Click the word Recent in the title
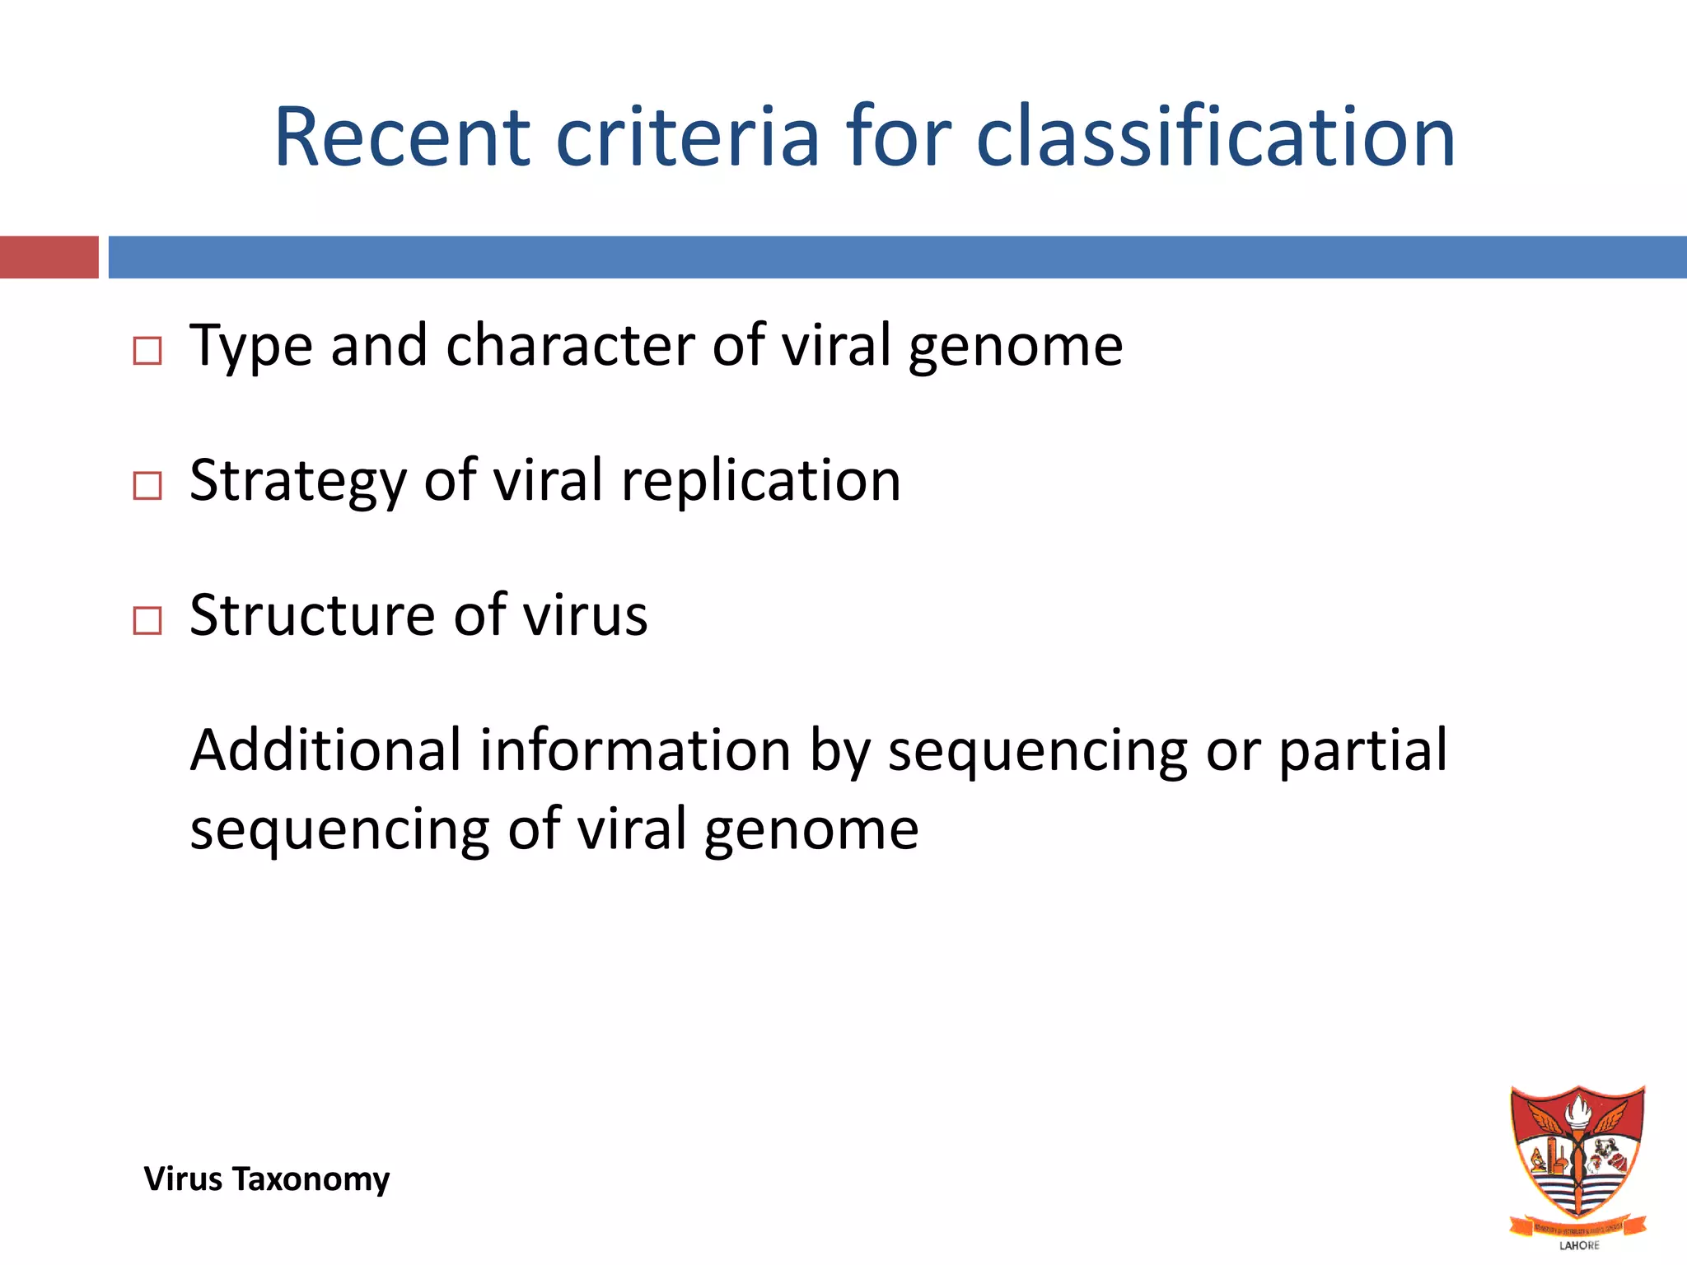tap(402, 138)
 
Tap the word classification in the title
tap(1216, 138)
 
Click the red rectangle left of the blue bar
tap(49, 257)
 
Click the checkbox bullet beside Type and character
tap(147, 352)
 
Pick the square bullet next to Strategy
tap(147, 486)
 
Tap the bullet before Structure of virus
tap(147, 621)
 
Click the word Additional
tap(325, 751)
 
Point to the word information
tap(635, 751)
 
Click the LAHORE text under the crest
tap(1579, 1245)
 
